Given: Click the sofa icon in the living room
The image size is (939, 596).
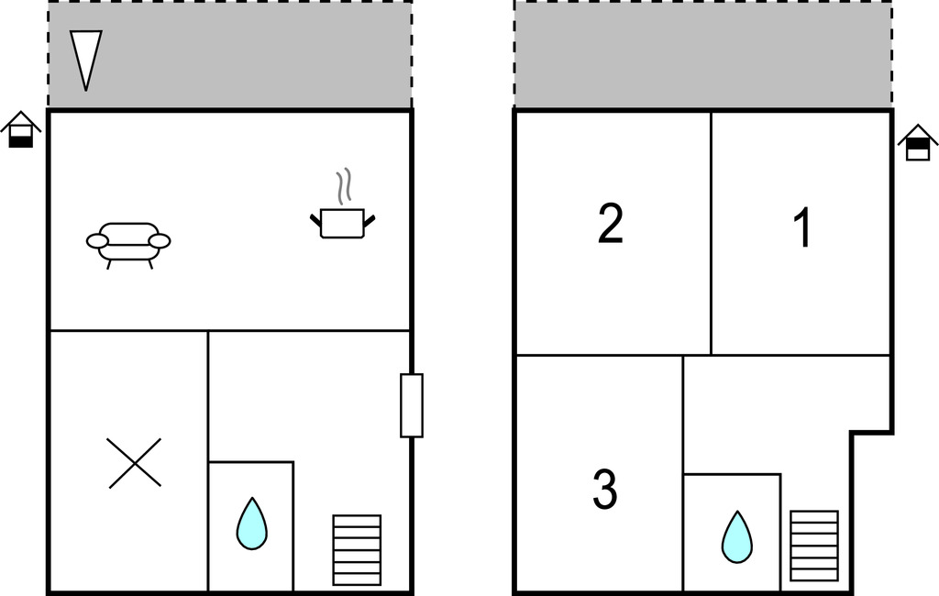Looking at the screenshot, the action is click(128, 246).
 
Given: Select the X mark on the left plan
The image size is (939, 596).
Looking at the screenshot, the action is click(135, 462).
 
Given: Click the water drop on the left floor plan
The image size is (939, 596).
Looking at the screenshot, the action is click(251, 524).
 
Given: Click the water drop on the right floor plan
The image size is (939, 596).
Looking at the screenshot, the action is click(737, 537).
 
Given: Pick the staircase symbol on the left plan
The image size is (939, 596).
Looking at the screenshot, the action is click(357, 550).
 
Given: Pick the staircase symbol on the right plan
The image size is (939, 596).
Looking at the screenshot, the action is click(814, 546).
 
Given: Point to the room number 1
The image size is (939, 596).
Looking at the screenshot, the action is click(802, 227).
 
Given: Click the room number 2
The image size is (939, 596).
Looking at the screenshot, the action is click(610, 223).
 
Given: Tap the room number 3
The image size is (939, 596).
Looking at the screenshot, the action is click(605, 489).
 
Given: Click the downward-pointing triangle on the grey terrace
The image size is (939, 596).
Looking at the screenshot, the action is click(85, 61).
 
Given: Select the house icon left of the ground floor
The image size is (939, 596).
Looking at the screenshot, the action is click(21, 129).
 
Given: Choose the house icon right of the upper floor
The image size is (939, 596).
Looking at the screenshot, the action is click(918, 142).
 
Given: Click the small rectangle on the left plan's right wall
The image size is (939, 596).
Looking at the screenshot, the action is click(412, 405).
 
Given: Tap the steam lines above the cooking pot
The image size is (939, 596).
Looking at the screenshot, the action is click(343, 187).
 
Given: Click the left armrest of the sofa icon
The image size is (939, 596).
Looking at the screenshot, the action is click(97, 241).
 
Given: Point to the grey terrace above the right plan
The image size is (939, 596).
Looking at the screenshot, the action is click(703, 54).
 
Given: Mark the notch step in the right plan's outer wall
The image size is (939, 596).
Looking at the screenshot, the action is click(872, 432).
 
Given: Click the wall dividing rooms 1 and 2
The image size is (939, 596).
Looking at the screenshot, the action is click(711, 232).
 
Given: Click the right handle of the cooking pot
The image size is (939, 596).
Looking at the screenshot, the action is click(369, 220).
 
